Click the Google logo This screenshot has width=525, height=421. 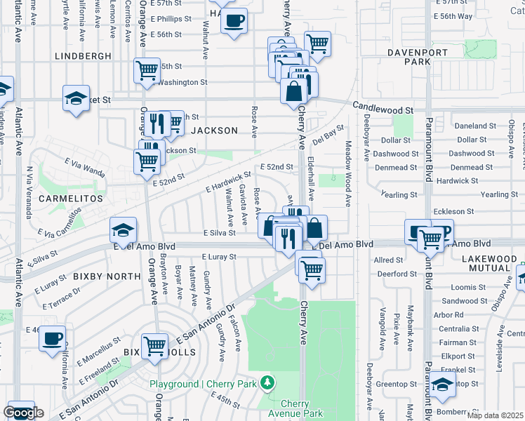coord(23,413)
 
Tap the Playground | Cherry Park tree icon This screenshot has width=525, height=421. coord(267,383)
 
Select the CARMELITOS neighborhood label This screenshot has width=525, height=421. coord(71,199)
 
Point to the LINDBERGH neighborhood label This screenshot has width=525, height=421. coord(83,55)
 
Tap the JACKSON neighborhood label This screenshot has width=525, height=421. coord(215,131)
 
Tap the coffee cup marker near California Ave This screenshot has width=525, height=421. coord(52,339)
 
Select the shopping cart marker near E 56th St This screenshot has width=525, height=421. coord(318,43)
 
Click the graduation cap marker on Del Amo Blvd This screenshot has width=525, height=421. coord(123,229)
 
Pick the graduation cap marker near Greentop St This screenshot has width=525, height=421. coord(442,384)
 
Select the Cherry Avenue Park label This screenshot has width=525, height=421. coord(301,408)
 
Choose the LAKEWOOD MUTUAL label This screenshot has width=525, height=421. coord(489,264)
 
